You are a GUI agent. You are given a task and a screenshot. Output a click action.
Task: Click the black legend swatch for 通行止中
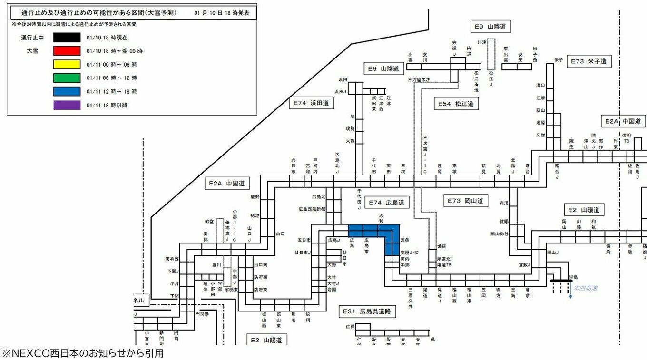tap(67, 37)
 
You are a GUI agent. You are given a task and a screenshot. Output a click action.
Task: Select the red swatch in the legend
tap(67, 50)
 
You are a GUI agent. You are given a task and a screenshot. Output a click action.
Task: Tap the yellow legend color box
tap(67, 64)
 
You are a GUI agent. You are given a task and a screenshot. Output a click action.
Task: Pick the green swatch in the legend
tap(67, 78)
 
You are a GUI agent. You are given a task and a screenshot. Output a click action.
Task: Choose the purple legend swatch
tap(67, 105)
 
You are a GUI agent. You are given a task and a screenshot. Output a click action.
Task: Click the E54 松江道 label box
tap(456, 103)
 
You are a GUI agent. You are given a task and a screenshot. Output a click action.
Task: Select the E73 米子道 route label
tap(589, 61)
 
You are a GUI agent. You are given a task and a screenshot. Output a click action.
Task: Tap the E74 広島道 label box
tap(387, 203)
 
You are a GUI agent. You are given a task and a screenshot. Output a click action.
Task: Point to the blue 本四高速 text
tap(585, 288)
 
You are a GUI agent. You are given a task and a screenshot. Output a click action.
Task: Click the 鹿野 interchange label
tap(255, 196)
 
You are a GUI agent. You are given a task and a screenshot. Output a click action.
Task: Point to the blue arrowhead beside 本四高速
tap(570, 297)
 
